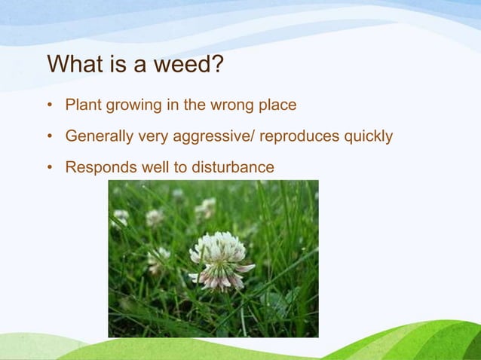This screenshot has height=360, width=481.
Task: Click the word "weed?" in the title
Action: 188,65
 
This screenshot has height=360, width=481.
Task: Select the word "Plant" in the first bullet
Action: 83,105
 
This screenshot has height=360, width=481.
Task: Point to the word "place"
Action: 277,105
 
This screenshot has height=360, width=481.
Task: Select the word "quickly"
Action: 368,137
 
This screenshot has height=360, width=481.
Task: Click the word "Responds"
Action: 97,167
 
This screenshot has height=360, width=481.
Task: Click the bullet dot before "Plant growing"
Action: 50,105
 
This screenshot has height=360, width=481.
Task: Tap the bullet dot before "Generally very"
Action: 50,137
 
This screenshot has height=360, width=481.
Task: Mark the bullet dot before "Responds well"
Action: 50,168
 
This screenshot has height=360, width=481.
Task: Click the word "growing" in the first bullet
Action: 132,105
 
